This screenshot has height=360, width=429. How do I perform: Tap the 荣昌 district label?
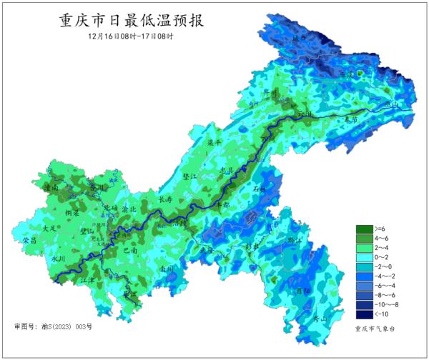30,240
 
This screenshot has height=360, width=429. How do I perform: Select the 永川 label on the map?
58,259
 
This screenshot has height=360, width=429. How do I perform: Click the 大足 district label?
49,228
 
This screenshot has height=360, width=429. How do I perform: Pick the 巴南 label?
131,251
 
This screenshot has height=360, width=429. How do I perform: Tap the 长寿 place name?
165,199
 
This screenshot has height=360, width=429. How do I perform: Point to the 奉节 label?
350,119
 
